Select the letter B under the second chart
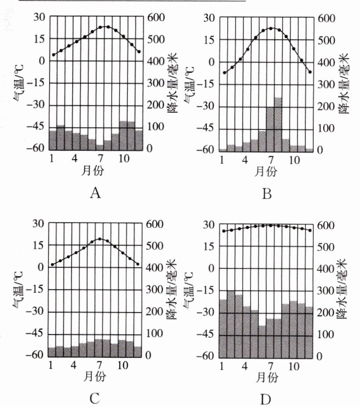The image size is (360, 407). coord(266,193)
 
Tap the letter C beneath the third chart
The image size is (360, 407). coord(95,399)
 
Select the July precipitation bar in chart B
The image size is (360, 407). coord(270,129)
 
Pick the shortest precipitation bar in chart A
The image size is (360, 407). coord(100,147)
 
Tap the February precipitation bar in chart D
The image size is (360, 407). coord(231,323)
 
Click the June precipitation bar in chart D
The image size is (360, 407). coord(262,341)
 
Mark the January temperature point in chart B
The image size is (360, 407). coord(224,73)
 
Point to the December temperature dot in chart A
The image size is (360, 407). coord(139,51)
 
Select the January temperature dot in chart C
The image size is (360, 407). coord(52,264)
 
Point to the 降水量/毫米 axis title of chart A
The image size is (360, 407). coord(172,84)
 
